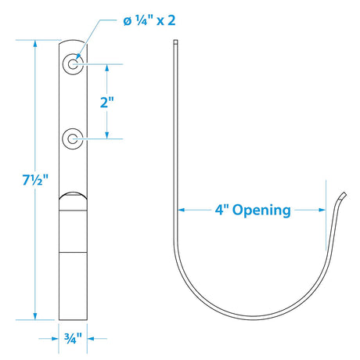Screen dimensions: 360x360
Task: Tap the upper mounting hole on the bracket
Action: [x=74, y=64]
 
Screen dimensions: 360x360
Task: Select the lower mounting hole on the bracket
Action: [x=74, y=139]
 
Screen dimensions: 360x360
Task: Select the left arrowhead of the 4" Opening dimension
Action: [x=181, y=210]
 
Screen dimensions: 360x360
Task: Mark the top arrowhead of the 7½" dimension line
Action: [x=34, y=44]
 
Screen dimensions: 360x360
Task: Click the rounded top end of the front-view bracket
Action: [x=74, y=42]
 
